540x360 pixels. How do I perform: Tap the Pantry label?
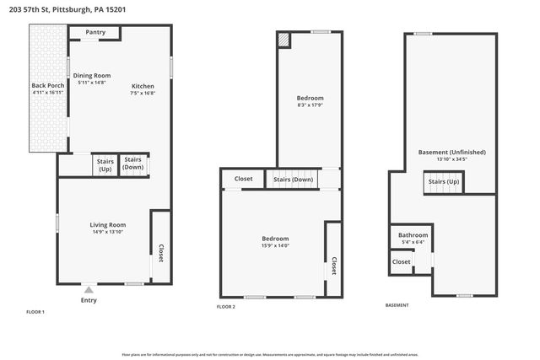click(94, 33)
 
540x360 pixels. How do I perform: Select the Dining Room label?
click(91, 76)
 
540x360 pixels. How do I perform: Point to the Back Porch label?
click(46, 86)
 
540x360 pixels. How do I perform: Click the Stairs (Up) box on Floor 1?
click(105, 164)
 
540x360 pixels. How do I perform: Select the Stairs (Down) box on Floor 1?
click(133, 164)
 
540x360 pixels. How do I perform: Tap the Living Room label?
click(108, 224)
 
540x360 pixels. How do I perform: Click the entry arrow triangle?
click(89, 290)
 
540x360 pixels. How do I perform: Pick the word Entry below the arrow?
click(89, 300)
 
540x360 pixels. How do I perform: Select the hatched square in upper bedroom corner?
click(284, 39)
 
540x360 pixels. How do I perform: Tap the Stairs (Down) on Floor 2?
click(292, 180)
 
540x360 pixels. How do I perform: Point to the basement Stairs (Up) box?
click(444, 182)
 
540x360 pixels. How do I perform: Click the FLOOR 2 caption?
click(226, 307)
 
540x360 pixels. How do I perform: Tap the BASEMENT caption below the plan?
click(397, 305)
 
